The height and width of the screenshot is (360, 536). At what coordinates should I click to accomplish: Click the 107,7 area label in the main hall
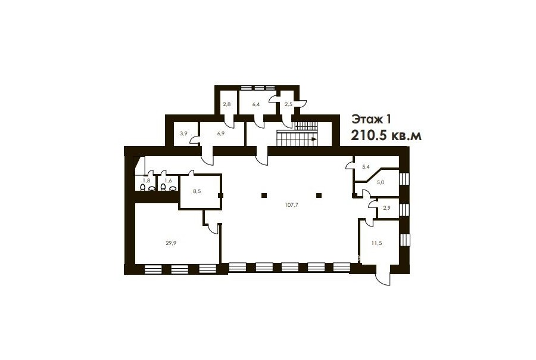tap(291, 205)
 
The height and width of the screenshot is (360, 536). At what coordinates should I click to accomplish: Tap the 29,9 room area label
tap(171, 243)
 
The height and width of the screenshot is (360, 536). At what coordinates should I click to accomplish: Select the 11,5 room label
tap(376, 243)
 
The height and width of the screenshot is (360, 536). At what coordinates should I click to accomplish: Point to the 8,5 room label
tap(197, 191)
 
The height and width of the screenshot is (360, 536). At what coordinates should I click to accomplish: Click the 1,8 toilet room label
tap(147, 181)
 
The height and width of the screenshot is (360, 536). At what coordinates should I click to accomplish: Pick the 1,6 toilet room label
tap(168, 181)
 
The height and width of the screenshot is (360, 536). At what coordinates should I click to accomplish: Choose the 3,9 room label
tap(183, 134)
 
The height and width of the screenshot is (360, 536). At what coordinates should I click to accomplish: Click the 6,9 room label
tap(220, 134)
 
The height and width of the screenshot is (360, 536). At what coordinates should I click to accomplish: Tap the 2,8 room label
tap(227, 104)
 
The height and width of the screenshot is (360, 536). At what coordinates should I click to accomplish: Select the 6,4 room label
tap(256, 104)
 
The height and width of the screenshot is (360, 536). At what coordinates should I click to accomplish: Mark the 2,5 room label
tap(288, 104)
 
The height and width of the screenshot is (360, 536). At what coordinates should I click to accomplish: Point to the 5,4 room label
tap(366, 167)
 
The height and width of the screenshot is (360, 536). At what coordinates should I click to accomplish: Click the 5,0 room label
tap(381, 182)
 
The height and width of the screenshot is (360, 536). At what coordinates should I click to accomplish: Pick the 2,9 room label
tap(387, 208)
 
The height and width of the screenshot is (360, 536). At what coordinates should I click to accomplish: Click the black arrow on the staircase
tap(313, 139)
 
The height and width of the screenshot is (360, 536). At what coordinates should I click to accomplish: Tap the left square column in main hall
tap(264, 195)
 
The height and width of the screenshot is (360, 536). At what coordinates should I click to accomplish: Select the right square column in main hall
tap(319, 195)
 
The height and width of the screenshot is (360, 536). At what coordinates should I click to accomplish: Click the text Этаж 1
tap(371, 119)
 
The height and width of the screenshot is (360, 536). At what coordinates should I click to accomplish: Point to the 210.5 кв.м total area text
tap(387, 135)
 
